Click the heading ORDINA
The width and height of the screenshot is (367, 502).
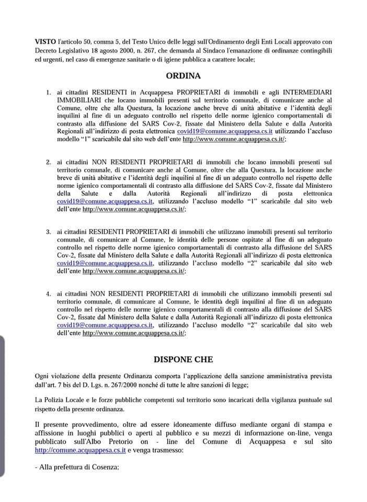[x=183, y=75]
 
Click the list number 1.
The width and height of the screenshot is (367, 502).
[x=48, y=92]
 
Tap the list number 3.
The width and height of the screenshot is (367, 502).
[x=48, y=231]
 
